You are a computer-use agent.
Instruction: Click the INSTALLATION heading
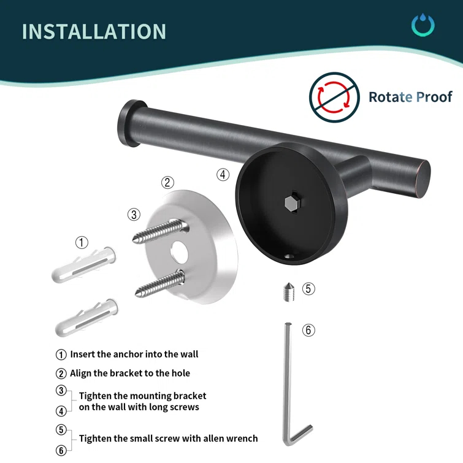(x=94, y=31)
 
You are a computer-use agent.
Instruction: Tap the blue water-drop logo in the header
(x=423, y=25)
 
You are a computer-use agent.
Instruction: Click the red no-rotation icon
(x=333, y=96)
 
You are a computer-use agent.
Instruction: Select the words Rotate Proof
(x=410, y=97)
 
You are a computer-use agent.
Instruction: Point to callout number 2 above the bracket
(x=168, y=182)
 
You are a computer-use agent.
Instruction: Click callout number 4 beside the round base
(x=223, y=174)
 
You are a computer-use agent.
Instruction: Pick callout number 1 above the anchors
(x=82, y=242)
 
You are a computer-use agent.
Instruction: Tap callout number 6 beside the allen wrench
(x=308, y=330)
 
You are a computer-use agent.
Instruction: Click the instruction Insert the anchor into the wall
(x=134, y=354)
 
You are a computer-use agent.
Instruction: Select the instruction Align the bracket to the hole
(x=130, y=373)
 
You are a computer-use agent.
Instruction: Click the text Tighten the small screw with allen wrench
(x=168, y=438)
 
